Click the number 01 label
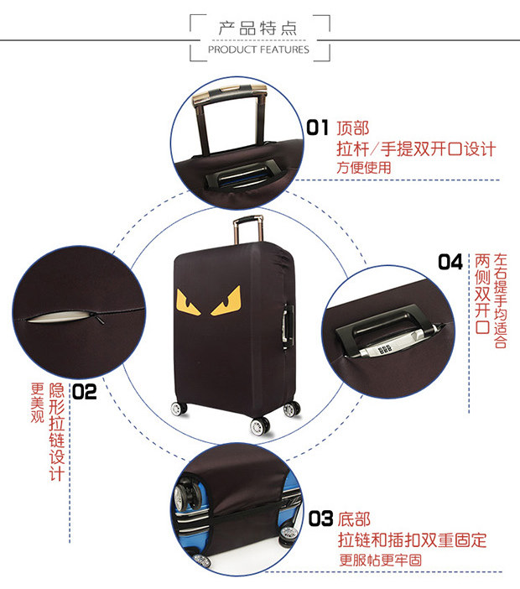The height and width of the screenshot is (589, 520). pyautogui.click(x=318, y=128)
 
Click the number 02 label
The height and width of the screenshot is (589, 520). pyautogui.click(x=85, y=390)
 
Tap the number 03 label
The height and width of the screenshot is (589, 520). pyautogui.click(x=321, y=519)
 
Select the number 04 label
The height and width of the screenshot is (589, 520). pyautogui.click(x=450, y=262)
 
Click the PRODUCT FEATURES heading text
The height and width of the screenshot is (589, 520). pyautogui.click(x=258, y=50)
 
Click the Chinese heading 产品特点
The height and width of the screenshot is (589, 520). pyautogui.click(x=258, y=29)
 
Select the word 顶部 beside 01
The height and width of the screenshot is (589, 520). pyautogui.click(x=352, y=128)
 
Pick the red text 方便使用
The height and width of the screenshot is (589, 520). pyautogui.click(x=364, y=167)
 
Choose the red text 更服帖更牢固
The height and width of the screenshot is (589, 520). pyautogui.click(x=380, y=560)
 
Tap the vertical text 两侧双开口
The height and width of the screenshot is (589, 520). pyautogui.click(x=482, y=294)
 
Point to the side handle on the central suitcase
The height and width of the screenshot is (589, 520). pyautogui.click(x=289, y=321)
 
